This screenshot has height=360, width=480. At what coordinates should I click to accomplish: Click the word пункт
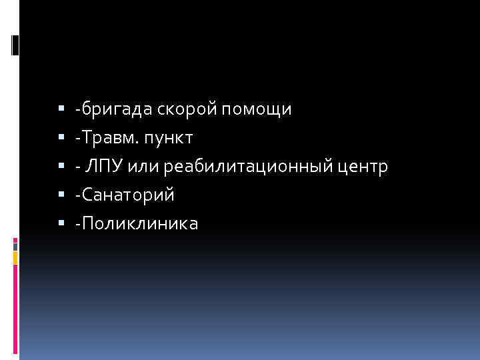[x=169, y=138]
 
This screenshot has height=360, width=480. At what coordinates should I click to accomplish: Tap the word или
[x=153, y=166]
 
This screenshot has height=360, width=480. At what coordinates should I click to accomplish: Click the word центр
[x=363, y=167]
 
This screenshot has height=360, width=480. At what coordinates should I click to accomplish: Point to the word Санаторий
[x=129, y=195]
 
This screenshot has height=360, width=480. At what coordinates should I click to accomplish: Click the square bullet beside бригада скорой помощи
[x=61, y=107]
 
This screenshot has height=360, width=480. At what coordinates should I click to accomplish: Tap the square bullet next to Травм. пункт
[x=61, y=137]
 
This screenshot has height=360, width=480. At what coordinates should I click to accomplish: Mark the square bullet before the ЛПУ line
[x=61, y=165]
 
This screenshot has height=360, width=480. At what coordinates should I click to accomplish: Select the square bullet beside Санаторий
[x=61, y=195]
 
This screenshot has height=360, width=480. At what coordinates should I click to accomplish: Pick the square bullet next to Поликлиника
[x=61, y=223]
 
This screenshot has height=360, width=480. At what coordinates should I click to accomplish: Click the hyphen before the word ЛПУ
[x=78, y=167]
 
